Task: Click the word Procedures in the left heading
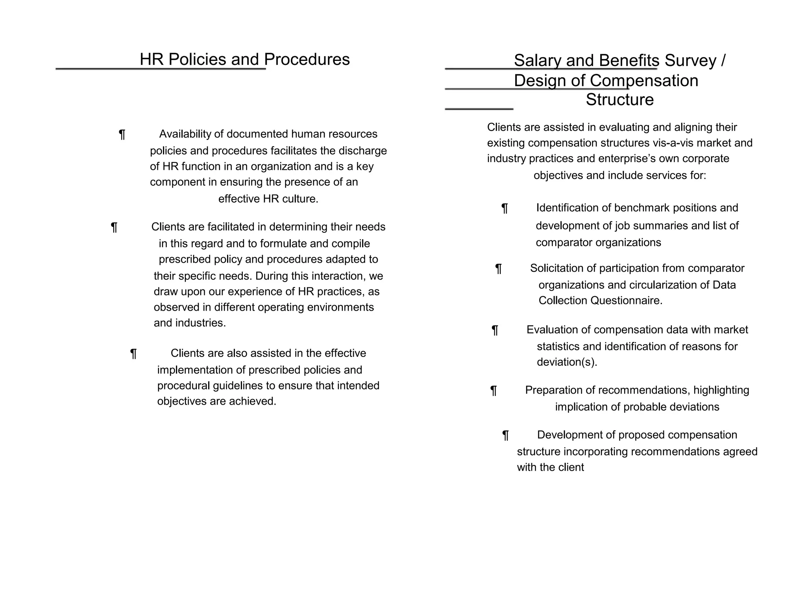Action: [307, 60]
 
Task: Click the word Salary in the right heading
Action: [537, 61]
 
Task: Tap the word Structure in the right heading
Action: [619, 100]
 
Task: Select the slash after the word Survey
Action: [723, 61]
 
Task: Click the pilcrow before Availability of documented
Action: [122, 135]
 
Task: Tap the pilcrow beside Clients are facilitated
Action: [114, 228]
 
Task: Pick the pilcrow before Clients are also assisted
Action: [133, 354]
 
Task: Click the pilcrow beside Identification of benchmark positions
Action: [505, 208]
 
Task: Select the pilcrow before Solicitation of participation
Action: [498, 269]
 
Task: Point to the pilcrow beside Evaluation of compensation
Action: [495, 330]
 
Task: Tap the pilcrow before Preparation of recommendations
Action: [494, 391]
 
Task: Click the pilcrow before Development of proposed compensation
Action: [505, 436]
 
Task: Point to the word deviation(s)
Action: [567, 362]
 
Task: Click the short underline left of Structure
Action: [479, 108]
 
